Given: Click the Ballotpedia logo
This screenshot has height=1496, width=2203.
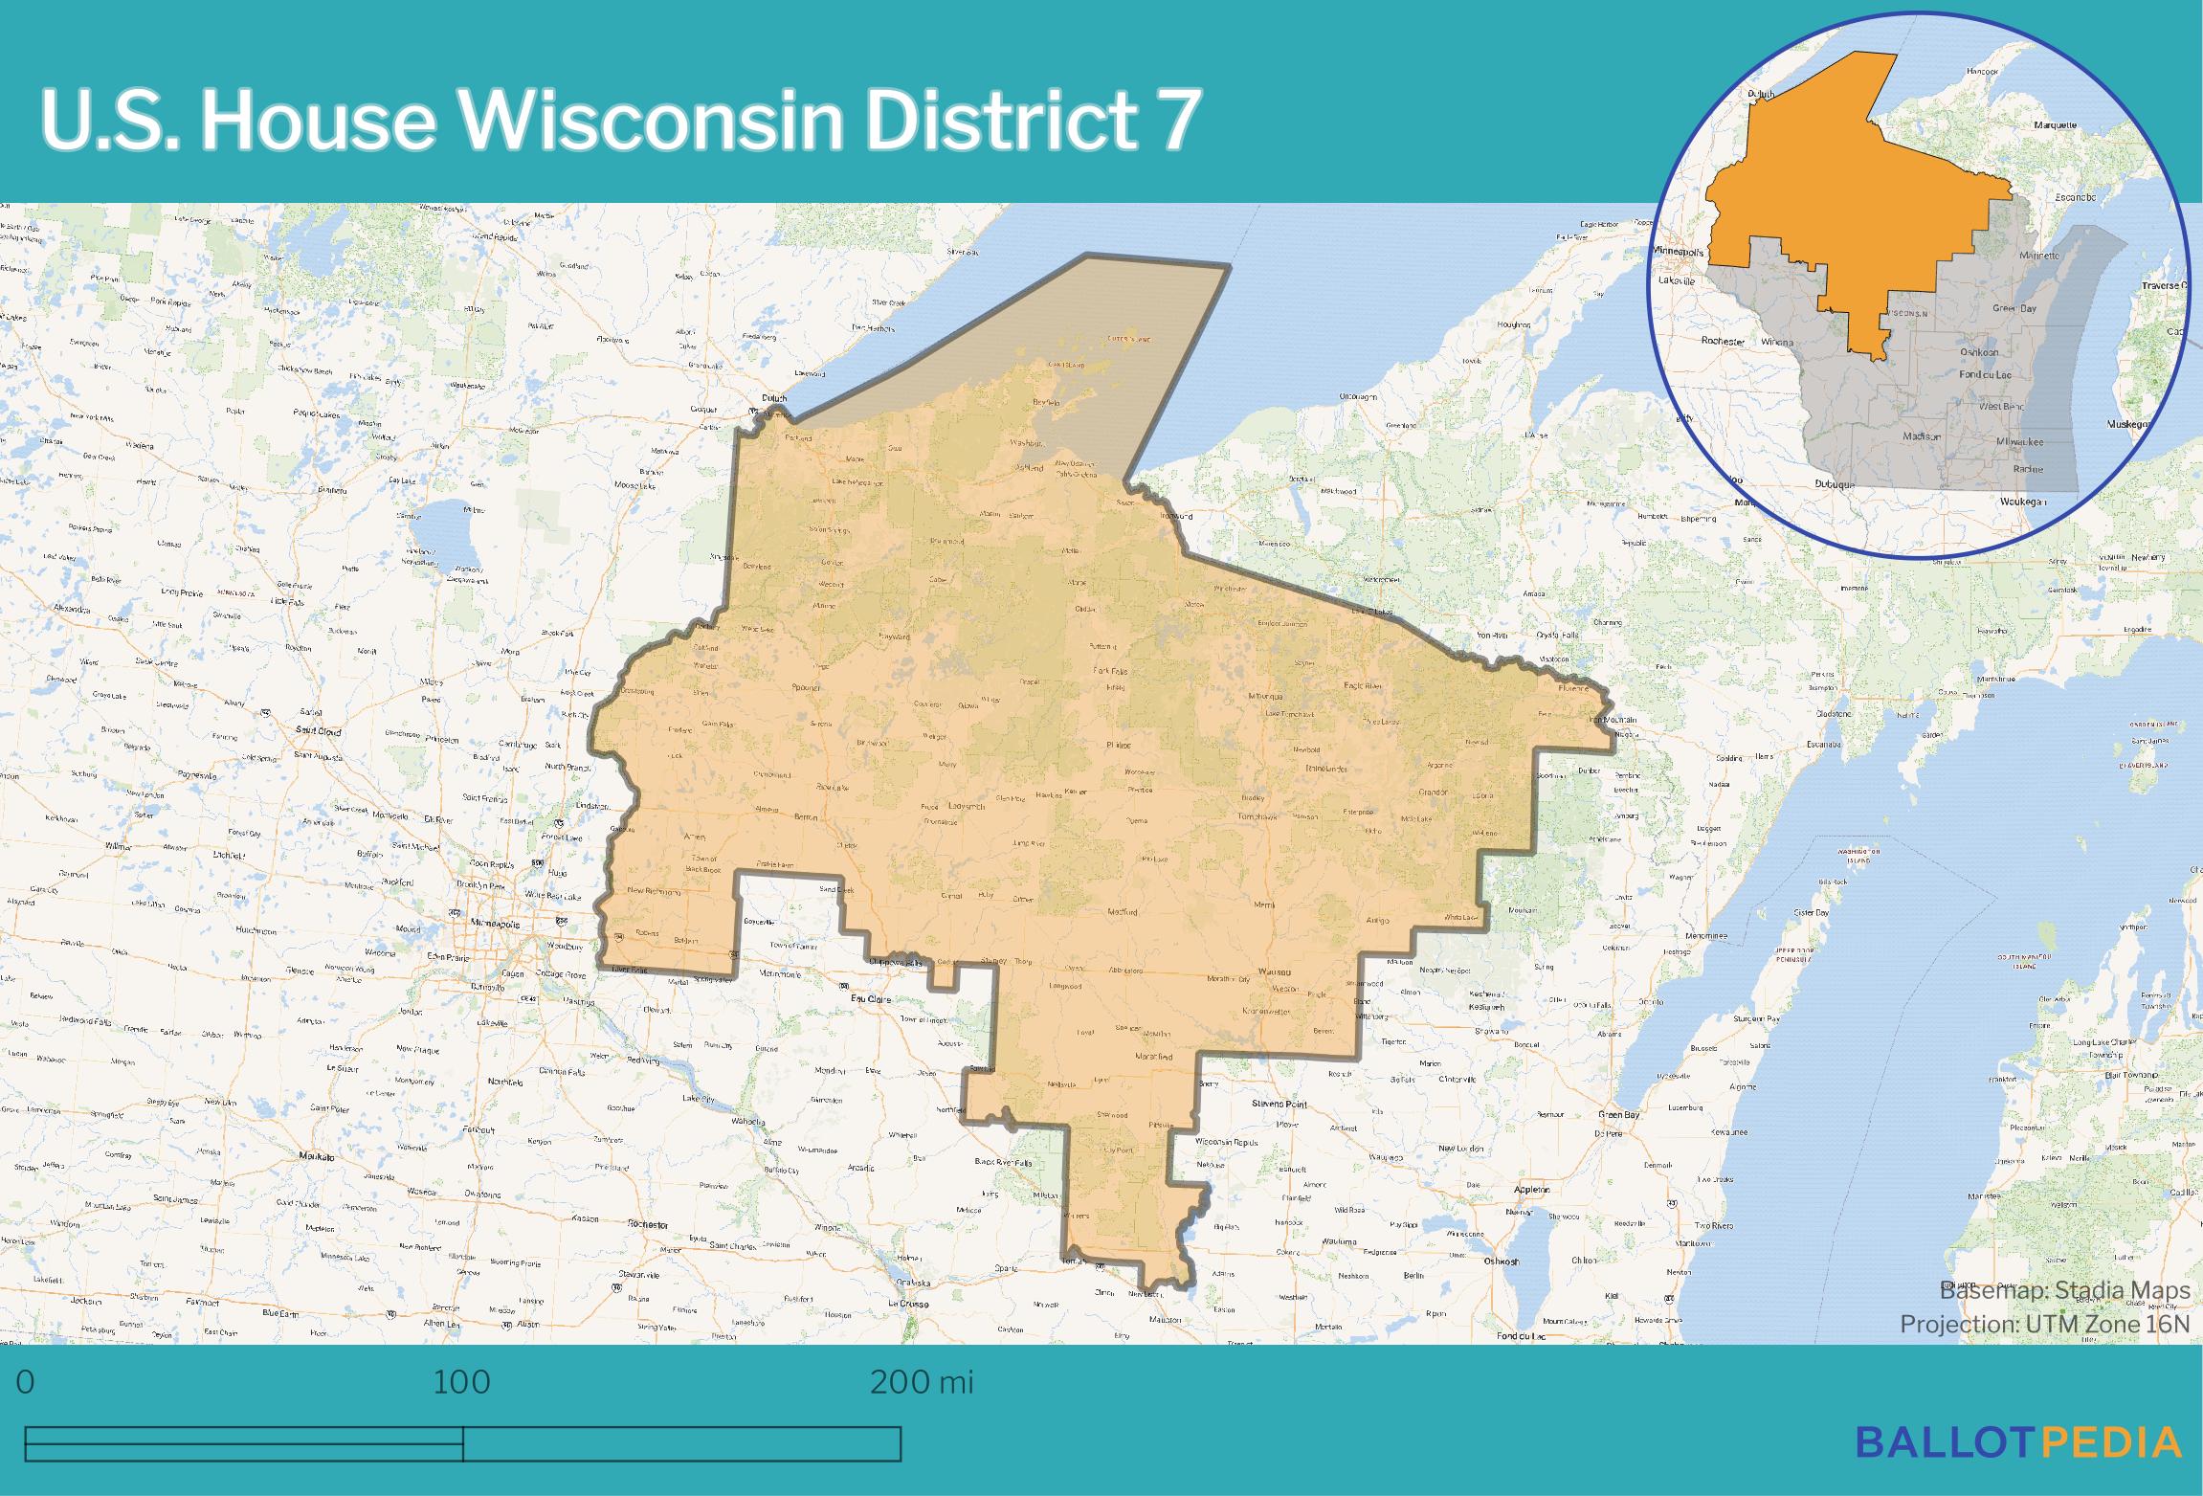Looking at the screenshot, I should [x=2019, y=1440].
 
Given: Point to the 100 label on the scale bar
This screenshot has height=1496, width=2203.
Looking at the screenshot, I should [x=461, y=1382].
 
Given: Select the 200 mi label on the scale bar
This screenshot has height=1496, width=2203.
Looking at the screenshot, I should [x=921, y=1382].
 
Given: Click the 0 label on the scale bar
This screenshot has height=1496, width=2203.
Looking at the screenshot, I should [x=25, y=1382].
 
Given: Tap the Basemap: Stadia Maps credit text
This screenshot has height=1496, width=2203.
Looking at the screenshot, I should [x=2064, y=1290].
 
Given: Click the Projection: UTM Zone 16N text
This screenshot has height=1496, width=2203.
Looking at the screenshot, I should [x=2044, y=1324].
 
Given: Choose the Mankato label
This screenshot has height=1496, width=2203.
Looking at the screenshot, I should [x=318, y=1157].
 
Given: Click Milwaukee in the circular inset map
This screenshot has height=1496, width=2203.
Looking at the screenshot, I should [x=2019, y=442].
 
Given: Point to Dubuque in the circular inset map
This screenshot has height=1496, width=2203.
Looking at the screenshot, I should [x=1836, y=483].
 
